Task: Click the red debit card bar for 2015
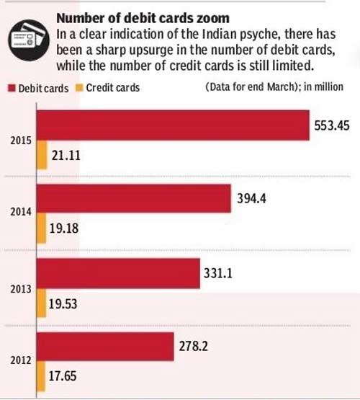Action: coord(173,125)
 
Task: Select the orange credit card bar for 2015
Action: coord(42,155)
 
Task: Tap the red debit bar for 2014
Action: coord(134,198)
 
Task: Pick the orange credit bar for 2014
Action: coord(42,228)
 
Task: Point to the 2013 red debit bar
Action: coord(119,273)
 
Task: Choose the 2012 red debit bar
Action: coord(105,347)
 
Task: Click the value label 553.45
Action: coord(332,125)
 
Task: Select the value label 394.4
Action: coord(251,198)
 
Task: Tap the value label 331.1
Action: coord(218,273)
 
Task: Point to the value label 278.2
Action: coord(194,346)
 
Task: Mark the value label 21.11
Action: coord(66,156)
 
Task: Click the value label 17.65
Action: coord(63,376)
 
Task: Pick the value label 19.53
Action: coord(63,304)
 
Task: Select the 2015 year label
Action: coord(21,141)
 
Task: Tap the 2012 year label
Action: coord(21,360)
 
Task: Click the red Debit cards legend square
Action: coord(12,88)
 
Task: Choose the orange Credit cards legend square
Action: coord(79,88)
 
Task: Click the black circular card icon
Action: coord(29,40)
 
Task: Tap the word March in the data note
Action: coord(281,87)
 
